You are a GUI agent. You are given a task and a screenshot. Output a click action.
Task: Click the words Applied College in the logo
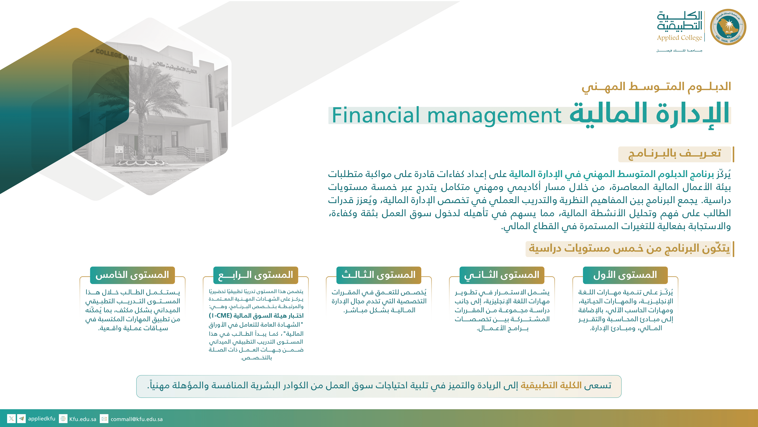[x=679, y=38]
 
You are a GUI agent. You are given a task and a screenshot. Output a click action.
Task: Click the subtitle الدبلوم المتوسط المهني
[x=656, y=87]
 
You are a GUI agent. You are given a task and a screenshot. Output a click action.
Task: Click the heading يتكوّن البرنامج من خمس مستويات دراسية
[x=629, y=248]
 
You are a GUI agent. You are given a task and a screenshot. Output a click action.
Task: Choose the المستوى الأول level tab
[x=625, y=275]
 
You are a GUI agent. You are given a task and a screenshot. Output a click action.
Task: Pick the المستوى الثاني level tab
[x=502, y=275]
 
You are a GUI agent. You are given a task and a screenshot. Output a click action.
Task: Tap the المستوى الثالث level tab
[x=379, y=275]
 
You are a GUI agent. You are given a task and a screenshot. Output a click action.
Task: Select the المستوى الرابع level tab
[x=255, y=275]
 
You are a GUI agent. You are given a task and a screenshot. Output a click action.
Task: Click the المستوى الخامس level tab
[x=132, y=275]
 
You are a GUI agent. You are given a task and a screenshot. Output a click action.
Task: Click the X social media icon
[x=11, y=419]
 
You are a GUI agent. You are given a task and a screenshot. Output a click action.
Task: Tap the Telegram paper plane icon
[x=21, y=419]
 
